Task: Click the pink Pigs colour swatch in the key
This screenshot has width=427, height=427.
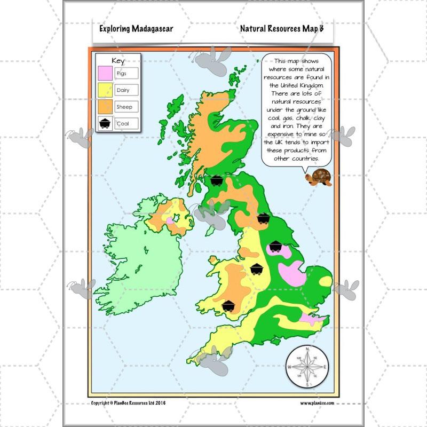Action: click(105, 73)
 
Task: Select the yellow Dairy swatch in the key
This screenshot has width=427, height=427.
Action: click(105, 90)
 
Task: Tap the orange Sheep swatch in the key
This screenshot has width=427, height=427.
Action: click(105, 107)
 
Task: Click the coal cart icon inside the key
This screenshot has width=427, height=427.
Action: click(105, 124)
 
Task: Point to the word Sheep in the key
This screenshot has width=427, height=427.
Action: click(124, 107)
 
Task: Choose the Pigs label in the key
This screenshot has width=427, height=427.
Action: click(122, 73)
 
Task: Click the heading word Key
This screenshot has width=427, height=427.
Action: click(117, 60)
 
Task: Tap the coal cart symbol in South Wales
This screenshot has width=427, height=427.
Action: click(229, 305)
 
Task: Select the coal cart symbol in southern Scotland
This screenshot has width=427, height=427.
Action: click(216, 180)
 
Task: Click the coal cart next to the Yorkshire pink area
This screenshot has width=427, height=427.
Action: click(275, 246)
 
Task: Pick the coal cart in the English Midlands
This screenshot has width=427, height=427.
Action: click(257, 268)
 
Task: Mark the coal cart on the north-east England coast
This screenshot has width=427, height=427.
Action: click(263, 218)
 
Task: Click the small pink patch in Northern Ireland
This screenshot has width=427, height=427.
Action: click(170, 220)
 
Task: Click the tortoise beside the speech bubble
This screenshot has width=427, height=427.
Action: click(319, 178)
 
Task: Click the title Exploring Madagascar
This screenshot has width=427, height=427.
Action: click(136, 28)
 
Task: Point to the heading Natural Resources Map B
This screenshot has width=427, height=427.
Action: click(282, 28)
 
